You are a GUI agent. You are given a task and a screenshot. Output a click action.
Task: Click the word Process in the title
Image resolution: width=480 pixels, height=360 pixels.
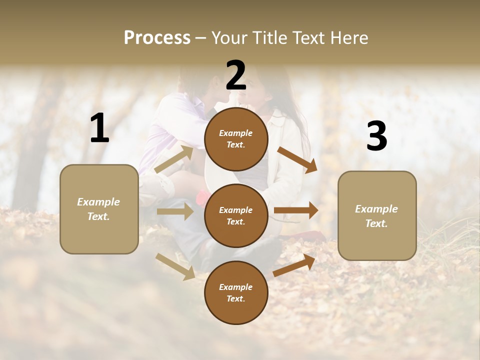coord(157,38)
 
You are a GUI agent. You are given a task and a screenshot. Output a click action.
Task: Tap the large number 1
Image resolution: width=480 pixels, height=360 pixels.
coord(99,128)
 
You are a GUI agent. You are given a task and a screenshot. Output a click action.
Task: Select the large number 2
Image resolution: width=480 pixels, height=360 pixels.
coord(236,75)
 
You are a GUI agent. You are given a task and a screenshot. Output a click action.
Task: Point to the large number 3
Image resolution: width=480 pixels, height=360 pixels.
coord(376,136)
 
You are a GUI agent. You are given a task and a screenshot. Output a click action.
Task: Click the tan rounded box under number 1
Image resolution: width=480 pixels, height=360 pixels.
coord(99,209)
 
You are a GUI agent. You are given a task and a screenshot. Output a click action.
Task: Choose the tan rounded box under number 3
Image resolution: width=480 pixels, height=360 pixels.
coord(377,215)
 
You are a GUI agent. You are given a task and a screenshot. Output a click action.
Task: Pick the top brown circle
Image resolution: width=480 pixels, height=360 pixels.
coord(236,139)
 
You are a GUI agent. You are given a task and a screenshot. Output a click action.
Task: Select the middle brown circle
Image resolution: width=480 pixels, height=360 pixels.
coord(236,215)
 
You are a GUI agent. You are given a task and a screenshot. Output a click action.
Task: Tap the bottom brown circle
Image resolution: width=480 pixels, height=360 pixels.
coord(236,292)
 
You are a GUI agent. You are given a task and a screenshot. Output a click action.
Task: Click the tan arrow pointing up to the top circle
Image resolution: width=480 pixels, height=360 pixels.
coord(174,159)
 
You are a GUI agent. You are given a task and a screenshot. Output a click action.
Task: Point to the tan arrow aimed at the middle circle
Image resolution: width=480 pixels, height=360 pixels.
coord(174,211)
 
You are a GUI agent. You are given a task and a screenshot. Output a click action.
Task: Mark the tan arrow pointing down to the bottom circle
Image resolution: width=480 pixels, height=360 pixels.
coord(175,266)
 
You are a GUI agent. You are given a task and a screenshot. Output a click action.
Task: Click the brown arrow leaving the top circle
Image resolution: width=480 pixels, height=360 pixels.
coord(297,159)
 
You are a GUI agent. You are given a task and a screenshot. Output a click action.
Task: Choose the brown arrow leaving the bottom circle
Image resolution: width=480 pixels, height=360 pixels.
coord(294,265)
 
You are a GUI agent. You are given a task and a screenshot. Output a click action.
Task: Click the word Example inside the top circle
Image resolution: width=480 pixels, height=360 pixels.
coord(235,133)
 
